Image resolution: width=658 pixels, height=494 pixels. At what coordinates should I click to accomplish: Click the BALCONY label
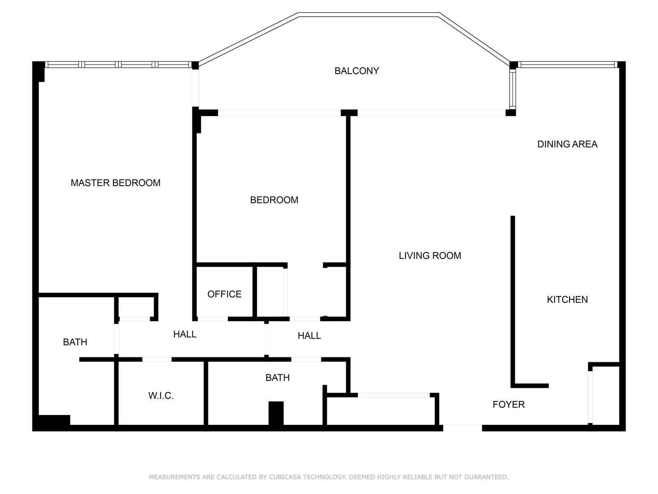[x=357, y=71]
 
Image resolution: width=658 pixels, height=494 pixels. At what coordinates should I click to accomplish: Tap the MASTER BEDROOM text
[x=116, y=183]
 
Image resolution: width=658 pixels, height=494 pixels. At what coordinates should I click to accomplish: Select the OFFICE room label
[x=224, y=294]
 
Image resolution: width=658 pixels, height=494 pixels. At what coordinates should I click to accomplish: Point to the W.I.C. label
[x=161, y=396]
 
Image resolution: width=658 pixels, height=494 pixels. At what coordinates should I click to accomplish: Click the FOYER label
[x=508, y=405]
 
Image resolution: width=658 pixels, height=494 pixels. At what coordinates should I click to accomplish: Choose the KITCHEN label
[x=567, y=300]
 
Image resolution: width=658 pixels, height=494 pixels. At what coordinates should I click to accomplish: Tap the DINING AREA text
[x=567, y=144]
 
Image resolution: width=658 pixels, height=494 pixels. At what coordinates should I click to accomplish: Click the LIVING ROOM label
[x=430, y=256]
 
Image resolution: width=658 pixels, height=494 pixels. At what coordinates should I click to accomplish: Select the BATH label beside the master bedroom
[x=75, y=342]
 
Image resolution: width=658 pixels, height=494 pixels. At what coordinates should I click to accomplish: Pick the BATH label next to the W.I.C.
[x=277, y=378]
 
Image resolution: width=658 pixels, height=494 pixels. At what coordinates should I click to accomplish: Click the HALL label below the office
[x=185, y=334]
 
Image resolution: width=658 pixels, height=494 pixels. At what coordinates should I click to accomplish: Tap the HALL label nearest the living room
[x=309, y=336]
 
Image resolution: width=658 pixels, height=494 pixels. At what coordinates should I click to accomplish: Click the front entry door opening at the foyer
[x=462, y=427]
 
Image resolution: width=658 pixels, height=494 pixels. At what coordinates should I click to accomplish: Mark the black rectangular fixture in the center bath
[x=276, y=413]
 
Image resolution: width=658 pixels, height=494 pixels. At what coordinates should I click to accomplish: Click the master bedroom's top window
[x=118, y=65]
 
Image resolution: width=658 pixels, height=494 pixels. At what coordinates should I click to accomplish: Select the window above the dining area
[x=567, y=65]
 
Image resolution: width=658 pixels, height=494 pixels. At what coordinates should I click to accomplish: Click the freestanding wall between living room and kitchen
[x=513, y=301]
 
